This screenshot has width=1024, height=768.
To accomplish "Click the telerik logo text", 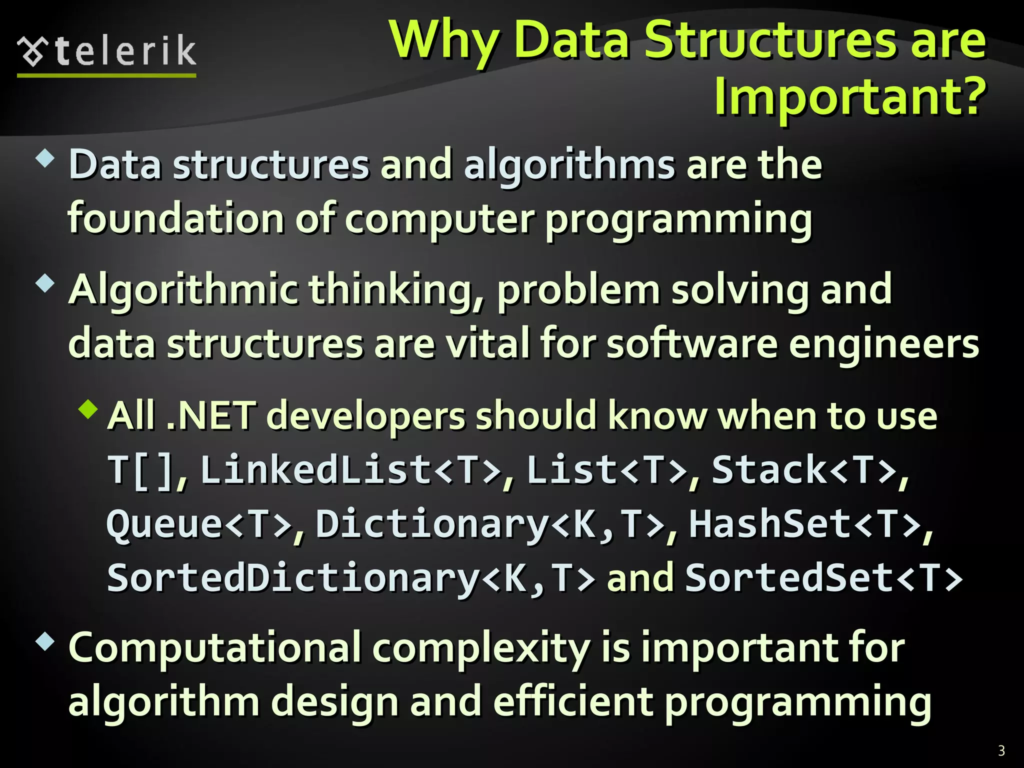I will coord(125,51).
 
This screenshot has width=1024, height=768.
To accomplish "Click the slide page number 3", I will coord(1001,750).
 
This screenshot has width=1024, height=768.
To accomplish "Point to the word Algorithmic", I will coord(183,290).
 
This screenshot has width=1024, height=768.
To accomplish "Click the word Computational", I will coord(215,648).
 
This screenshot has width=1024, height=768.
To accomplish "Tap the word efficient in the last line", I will coord(573,701).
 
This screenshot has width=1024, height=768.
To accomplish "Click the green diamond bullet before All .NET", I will coord(89,409).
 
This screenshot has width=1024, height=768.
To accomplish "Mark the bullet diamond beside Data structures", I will coord(45,159).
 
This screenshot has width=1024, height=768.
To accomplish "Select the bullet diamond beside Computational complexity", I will coord(45,641).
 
